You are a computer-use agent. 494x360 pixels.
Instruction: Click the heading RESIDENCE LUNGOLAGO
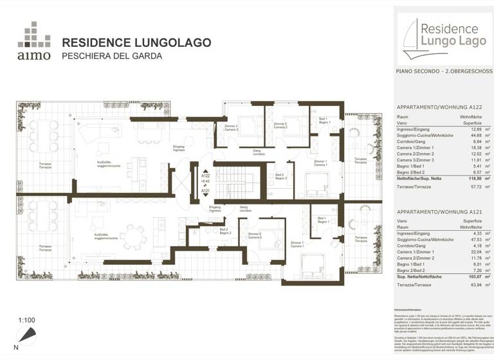[136, 43]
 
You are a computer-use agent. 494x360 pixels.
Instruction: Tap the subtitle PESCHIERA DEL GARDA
[111, 56]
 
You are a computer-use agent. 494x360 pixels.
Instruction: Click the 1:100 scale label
[27, 319]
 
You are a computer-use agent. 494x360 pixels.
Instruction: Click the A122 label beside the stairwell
[206, 175]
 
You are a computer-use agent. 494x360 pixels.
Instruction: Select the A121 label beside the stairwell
[206, 191]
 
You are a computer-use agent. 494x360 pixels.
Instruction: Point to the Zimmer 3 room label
[231, 126]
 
